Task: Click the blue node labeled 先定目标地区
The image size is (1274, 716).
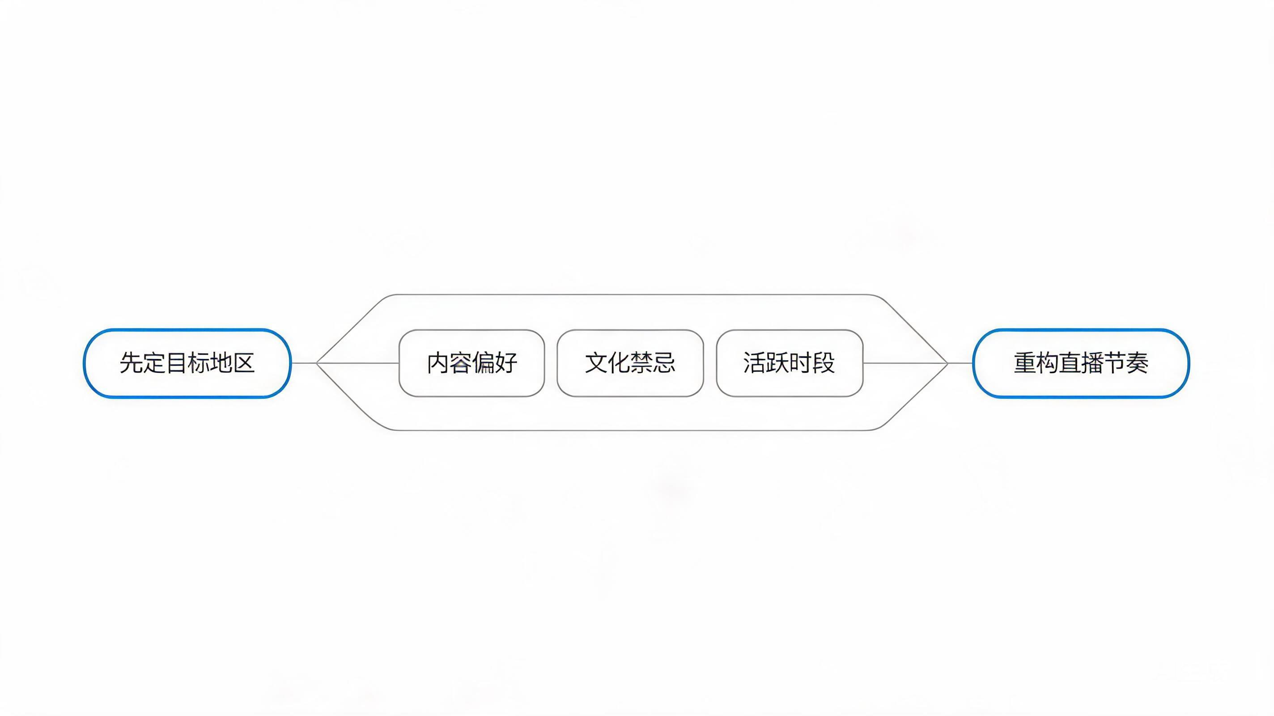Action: tap(187, 363)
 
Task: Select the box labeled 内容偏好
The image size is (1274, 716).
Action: tap(472, 363)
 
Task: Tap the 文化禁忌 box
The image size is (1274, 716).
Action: tap(630, 363)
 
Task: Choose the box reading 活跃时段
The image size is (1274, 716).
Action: tap(790, 363)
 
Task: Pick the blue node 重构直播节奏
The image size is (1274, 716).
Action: tap(1081, 363)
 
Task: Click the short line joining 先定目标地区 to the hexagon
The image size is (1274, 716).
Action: tap(304, 363)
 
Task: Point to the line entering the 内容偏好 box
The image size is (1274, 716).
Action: tap(357, 363)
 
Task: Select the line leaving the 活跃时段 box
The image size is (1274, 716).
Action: tap(905, 363)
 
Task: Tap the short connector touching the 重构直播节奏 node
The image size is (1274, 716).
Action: tap(960, 363)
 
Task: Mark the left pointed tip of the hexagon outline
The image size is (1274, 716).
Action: tap(317, 363)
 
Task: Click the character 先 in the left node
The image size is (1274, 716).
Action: tap(131, 363)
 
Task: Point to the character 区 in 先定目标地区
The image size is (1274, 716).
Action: tap(243, 363)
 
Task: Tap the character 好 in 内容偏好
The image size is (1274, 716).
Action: tap(506, 363)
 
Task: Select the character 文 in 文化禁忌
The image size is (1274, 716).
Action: tap(596, 363)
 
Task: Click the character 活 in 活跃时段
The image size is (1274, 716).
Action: tap(755, 363)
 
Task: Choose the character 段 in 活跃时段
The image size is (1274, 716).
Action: tap(824, 363)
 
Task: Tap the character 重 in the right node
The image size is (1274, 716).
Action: tap(1025, 363)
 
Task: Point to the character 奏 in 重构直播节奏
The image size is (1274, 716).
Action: tap(1138, 363)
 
